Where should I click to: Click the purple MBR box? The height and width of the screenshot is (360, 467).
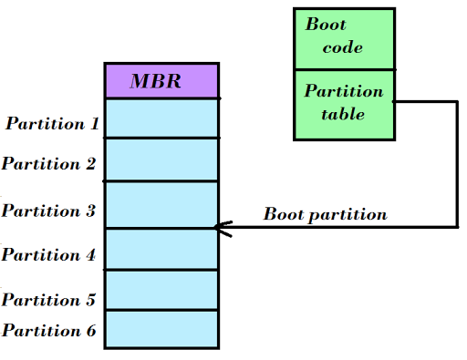(x=161, y=80)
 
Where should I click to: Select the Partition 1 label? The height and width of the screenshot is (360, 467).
(x=53, y=123)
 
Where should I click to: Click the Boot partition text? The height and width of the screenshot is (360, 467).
(x=325, y=215)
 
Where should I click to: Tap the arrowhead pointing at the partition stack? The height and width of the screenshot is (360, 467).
(x=219, y=228)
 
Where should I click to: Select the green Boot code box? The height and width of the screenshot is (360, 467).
(x=344, y=38)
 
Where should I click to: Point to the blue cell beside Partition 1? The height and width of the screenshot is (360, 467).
(x=161, y=118)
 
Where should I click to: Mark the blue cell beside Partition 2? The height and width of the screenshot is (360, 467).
(x=161, y=159)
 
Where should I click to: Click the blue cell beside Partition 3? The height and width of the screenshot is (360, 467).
(x=161, y=204)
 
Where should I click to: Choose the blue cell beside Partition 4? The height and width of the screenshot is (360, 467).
(x=161, y=249)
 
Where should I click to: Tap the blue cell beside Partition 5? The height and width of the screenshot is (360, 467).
(x=161, y=291)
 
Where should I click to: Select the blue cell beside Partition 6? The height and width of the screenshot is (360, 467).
(x=161, y=329)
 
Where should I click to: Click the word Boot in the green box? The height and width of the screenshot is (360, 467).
(x=326, y=26)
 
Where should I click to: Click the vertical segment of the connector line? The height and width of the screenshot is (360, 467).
(x=456, y=164)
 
